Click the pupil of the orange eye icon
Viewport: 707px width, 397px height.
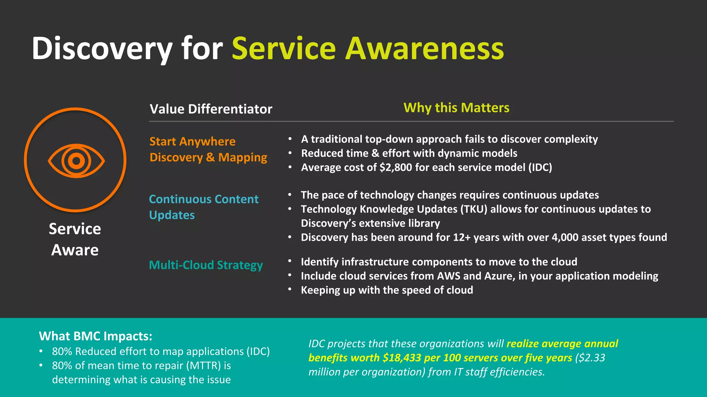[x=76, y=161]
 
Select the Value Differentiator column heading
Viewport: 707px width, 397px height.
[x=211, y=109]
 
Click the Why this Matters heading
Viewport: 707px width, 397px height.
[x=456, y=108]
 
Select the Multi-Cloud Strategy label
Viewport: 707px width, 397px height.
[x=206, y=265]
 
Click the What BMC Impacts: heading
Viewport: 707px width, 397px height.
[x=96, y=336]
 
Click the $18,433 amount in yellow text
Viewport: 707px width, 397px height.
[x=401, y=358]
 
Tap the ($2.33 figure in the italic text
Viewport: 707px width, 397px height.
[x=590, y=358]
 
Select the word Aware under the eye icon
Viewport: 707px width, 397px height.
[x=75, y=250]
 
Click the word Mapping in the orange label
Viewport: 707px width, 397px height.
[x=242, y=157]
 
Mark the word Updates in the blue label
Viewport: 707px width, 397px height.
[x=172, y=215]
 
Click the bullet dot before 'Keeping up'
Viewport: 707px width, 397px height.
[x=290, y=289]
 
